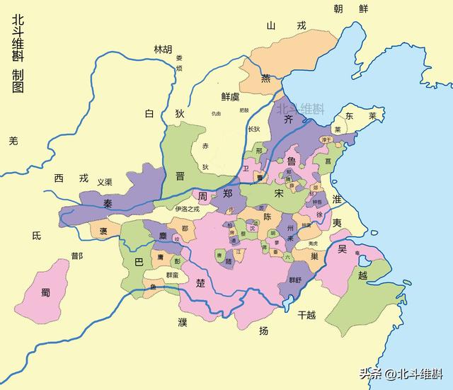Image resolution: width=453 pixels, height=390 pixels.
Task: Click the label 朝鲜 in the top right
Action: [352, 8]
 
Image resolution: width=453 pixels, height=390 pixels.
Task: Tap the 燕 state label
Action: [266, 79]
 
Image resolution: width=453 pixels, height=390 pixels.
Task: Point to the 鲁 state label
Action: [292, 162]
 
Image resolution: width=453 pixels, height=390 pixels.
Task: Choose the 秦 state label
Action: [108, 202]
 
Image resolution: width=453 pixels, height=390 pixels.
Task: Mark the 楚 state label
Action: [200, 284]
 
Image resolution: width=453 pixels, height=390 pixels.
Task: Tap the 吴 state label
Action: [342, 248]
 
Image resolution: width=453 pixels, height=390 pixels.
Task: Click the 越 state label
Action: [362, 275]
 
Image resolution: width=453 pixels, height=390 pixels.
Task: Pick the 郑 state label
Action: [227, 193]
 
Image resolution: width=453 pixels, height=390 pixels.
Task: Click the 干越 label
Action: [307, 314]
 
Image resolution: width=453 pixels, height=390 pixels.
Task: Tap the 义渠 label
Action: [105, 182]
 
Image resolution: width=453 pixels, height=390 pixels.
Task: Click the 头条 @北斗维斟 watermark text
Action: [400, 374]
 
